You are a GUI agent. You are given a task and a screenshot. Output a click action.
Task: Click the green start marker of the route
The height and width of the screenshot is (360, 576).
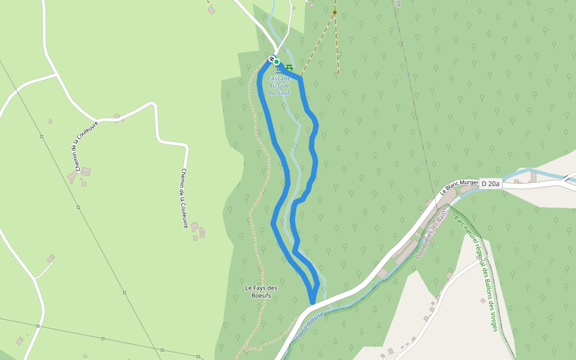coord(277,61)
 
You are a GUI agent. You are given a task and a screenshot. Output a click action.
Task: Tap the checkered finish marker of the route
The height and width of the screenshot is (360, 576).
coord(271,58)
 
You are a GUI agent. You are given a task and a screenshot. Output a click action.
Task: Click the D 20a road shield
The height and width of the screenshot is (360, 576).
coord(490,184)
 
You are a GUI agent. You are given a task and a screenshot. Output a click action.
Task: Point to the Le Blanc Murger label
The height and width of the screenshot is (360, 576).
coord(459,187)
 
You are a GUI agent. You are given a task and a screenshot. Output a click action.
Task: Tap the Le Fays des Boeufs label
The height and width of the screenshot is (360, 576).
coord(261,292)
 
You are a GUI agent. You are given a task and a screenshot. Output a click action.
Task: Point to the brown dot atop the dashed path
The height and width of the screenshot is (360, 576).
coord(335,12)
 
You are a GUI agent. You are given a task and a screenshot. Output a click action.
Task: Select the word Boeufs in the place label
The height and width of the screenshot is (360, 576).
coord(261,295)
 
